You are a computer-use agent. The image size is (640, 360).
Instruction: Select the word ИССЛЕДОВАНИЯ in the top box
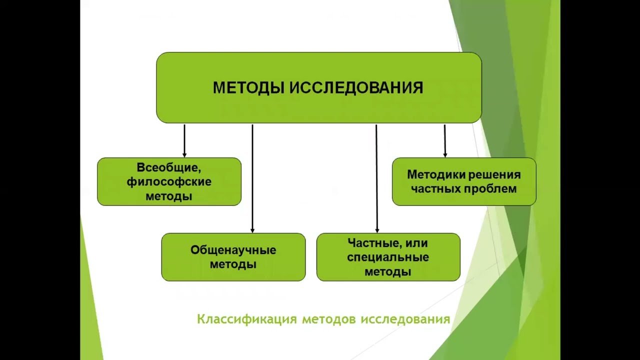pos(356,88)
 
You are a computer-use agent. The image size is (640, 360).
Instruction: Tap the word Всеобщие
pos(168,167)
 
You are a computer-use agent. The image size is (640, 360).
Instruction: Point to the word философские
pos(169,181)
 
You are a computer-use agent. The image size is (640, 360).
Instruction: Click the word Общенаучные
pos(233,250)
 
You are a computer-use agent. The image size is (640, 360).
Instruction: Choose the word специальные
pos(388,257)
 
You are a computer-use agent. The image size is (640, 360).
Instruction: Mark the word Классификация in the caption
pos(247,319)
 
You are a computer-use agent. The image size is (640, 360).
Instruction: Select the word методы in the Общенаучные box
pos(233,264)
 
